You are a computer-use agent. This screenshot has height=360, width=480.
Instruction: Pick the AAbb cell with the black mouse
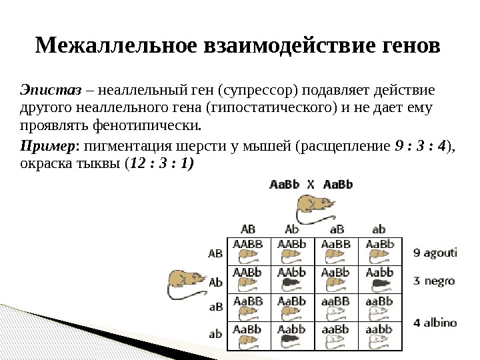291,277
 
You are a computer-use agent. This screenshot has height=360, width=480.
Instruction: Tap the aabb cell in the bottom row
379,335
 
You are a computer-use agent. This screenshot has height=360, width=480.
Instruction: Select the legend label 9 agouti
435,253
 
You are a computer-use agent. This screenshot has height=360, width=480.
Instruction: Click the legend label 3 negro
433,281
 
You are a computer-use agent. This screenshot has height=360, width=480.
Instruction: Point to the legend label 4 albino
435,323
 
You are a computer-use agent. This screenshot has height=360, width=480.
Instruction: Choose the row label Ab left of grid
215,282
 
